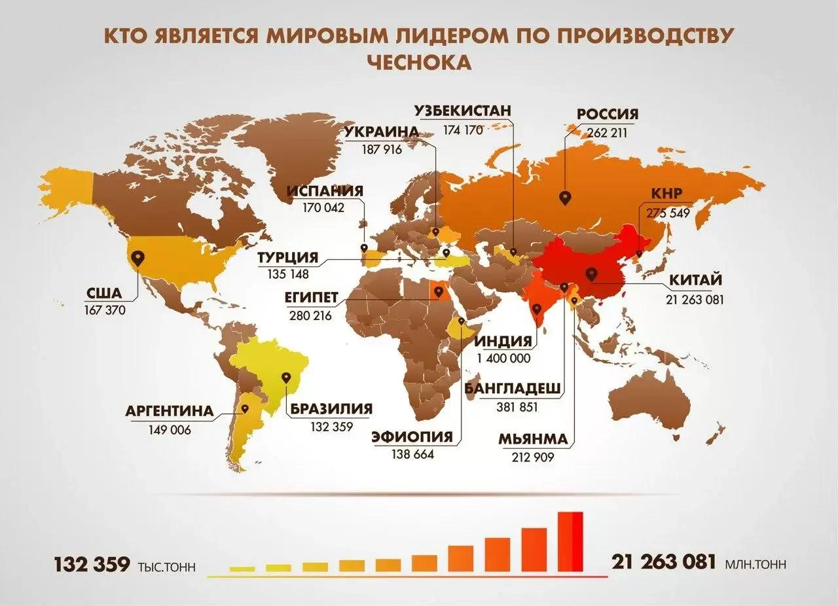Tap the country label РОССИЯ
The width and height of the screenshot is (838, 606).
tap(606, 115)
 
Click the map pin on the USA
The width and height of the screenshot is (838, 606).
tap(137, 258)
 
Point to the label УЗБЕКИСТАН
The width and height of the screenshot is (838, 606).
tap(462, 110)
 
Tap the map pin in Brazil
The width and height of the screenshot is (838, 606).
tap(285, 378)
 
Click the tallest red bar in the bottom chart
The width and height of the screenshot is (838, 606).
tap(570, 541)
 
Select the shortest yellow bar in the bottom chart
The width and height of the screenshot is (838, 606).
tap(242, 568)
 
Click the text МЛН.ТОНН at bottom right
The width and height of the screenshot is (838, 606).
tap(756, 564)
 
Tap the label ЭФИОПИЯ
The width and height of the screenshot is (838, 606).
tap(412, 437)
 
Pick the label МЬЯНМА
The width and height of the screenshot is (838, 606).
tap(532, 440)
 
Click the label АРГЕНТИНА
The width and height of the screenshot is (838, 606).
tap(170, 412)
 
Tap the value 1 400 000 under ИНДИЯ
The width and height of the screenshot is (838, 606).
tap(503, 358)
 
